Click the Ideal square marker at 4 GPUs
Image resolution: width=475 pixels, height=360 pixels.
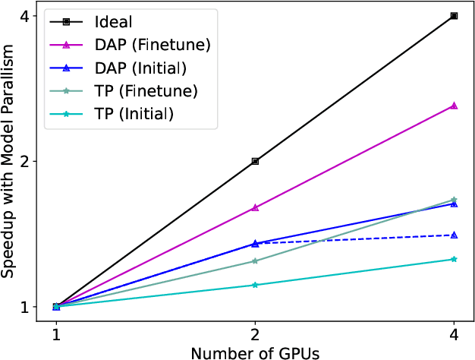click(454, 15)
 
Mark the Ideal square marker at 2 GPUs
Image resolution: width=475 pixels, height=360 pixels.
click(255, 161)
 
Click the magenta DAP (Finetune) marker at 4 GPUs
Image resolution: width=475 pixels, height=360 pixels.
click(454, 106)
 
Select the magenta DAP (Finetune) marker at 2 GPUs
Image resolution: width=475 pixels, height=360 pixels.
click(255, 207)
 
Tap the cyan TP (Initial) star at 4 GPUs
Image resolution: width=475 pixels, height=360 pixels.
click(454, 259)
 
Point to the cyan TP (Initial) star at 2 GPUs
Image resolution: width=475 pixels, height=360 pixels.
click(255, 285)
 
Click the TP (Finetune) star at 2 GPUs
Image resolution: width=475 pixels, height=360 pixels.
click(255, 261)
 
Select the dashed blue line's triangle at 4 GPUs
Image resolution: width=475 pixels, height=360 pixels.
click(454, 235)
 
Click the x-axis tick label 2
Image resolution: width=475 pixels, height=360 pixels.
click(255, 334)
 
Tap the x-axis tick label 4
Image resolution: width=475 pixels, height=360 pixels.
click(454, 334)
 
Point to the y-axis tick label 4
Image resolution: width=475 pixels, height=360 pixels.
click(24, 16)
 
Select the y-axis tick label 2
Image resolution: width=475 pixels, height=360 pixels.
click(24, 162)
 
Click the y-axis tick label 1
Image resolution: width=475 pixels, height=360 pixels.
click(24, 307)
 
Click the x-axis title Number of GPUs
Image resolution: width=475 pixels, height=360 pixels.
click(255, 352)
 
